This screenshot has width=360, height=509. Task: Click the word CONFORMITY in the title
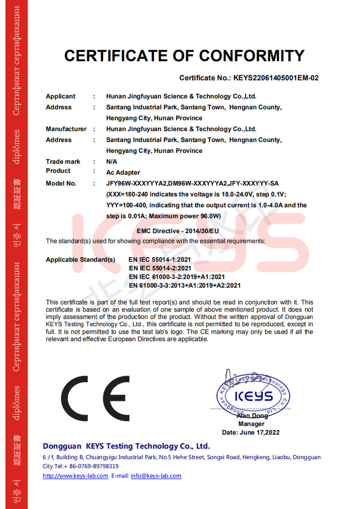pos(252,56)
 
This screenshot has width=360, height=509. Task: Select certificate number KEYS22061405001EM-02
pos(276,78)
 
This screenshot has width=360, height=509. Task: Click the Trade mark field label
pos(63,161)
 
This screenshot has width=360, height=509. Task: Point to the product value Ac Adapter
pos(123,173)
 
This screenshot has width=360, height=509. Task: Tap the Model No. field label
pos(61,183)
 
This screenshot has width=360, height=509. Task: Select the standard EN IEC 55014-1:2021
pos(160,260)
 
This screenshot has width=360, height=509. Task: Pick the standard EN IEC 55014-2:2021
pos(160,268)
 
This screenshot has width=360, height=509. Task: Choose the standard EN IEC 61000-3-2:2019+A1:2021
pos(176,277)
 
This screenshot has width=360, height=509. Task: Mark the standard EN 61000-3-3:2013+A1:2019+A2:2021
pos(184,286)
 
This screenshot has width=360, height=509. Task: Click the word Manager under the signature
pos(251,424)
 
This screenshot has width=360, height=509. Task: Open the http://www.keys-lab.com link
pos(75,476)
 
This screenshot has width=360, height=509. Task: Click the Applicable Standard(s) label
pos(81,260)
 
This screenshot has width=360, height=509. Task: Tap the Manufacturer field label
pos(66,129)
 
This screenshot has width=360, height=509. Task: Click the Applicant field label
pos(61,96)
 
